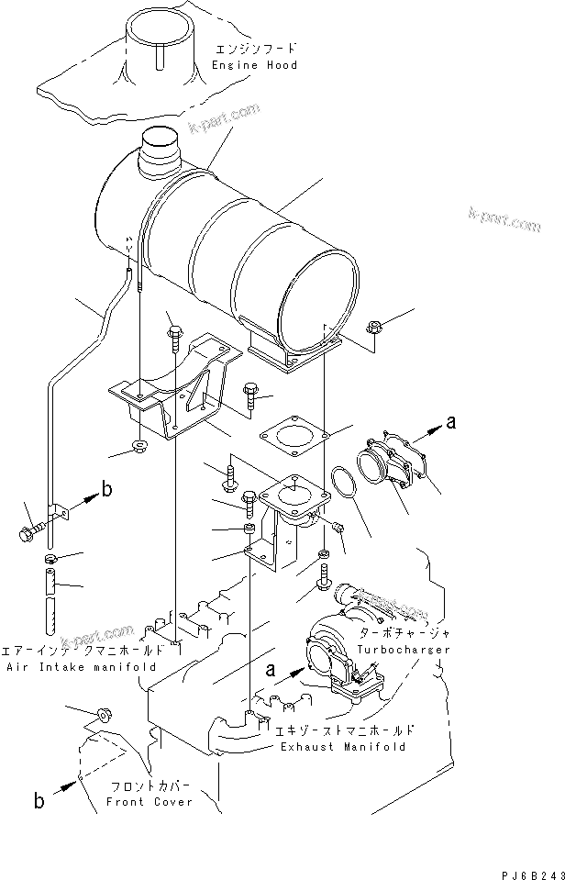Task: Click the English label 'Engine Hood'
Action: (254, 66)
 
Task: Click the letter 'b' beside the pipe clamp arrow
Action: (106, 490)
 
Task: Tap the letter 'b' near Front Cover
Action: (39, 801)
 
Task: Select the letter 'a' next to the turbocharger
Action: (270, 671)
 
